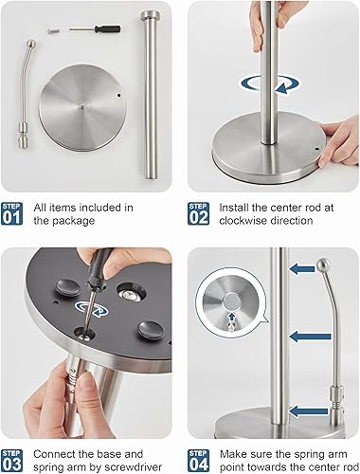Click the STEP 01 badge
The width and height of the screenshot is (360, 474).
[x=13, y=213]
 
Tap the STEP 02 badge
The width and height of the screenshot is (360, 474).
[x=199, y=213]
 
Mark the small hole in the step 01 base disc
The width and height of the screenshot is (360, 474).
[x=118, y=96]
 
